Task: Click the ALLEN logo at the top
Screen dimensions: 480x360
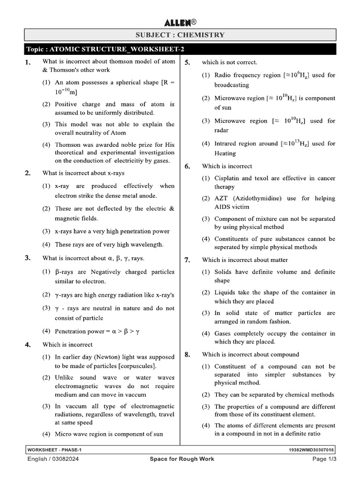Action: pyautogui.click(x=180, y=22)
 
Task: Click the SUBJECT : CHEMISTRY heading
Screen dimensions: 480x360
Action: pyautogui.click(x=180, y=35)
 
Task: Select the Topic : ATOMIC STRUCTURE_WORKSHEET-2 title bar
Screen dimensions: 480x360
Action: pyautogui.click(x=108, y=49)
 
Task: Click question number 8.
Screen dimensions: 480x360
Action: pyautogui.click(x=187, y=354)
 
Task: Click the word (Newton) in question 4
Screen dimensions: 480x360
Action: pyautogui.click(x=106, y=357)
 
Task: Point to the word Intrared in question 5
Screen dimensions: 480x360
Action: pyautogui.click(x=225, y=143)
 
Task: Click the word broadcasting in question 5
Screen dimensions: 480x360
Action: pyautogui.click(x=232, y=85)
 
